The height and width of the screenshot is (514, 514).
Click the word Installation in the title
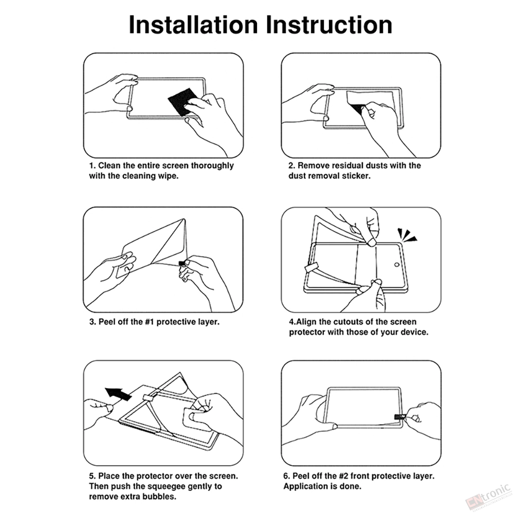pos(193,25)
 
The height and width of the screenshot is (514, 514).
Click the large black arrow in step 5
pos(118,393)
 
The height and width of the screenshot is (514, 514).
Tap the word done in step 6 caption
pos(351,486)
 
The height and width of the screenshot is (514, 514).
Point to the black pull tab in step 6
pos(399,417)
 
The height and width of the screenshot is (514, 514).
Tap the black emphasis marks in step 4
pos(407,235)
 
